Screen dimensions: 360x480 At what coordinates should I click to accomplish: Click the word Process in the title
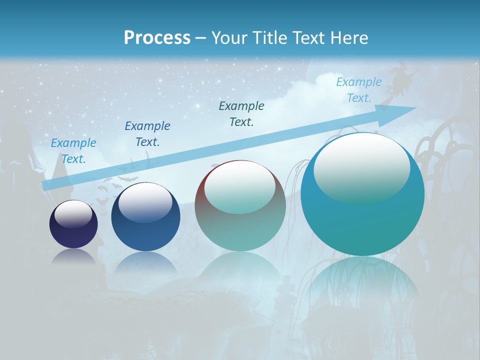point(157,37)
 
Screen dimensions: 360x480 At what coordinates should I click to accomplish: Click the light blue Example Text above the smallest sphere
point(73,151)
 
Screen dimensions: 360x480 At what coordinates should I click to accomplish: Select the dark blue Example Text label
point(147,134)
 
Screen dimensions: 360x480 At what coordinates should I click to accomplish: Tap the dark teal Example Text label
point(241,114)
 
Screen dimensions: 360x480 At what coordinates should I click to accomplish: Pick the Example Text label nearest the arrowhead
point(358,90)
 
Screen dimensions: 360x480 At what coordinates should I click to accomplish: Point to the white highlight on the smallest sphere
point(73,214)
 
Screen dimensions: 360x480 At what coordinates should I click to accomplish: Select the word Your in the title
point(229,37)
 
